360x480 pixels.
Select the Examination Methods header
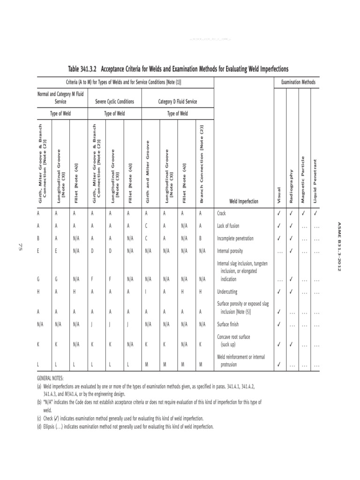click(298, 82)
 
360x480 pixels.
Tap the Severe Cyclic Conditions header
click(114, 101)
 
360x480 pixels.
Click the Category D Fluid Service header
click(177, 101)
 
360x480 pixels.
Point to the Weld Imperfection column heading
click(243, 201)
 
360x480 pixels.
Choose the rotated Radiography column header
click(291, 186)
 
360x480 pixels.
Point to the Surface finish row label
click(229, 323)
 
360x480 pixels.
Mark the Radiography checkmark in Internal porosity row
click(291, 251)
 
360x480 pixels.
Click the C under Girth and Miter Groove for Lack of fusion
click(146, 225)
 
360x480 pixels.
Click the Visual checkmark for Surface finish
click(279, 323)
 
